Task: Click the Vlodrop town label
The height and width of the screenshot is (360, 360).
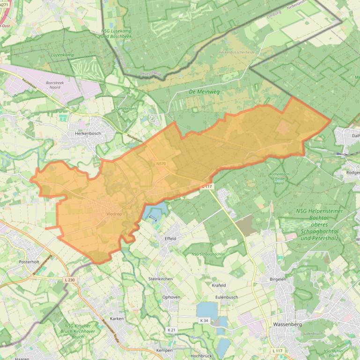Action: click(114, 214)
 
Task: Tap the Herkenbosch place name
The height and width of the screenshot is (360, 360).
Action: click(88, 133)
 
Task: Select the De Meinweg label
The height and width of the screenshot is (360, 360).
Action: click(204, 92)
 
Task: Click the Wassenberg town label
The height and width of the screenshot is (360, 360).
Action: click(287, 324)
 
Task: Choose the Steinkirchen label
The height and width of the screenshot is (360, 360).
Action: click(161, 279)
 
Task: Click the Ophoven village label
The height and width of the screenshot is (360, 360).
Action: click(171, 297)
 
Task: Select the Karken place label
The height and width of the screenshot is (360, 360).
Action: click(117, 318)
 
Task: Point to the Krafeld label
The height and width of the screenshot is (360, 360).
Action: click(219, 285)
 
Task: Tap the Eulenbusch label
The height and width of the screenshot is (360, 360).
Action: click(227, 297)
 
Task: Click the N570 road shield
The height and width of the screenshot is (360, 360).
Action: click(161, 164)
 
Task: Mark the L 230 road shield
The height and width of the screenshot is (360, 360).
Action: click(69, 280)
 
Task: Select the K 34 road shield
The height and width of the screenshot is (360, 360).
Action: click(204, 320)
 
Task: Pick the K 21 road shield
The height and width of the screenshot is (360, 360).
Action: click(171, 330)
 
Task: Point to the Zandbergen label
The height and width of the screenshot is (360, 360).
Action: click(126, 109)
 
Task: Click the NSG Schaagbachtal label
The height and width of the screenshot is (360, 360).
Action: click(208, 254)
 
